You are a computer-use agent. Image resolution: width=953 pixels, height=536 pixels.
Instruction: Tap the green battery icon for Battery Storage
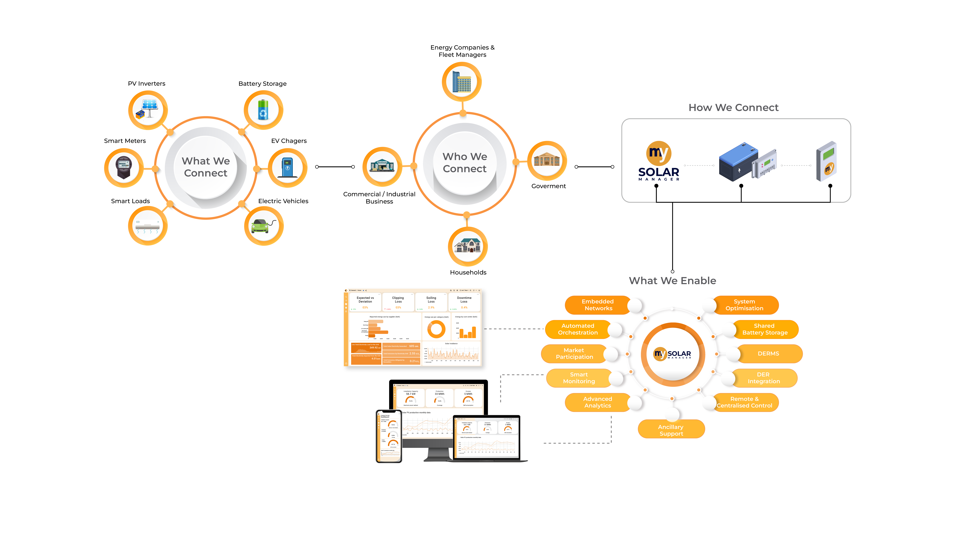[x=263, y=110]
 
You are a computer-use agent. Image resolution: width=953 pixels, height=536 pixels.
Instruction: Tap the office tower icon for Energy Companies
[x=462, y=82]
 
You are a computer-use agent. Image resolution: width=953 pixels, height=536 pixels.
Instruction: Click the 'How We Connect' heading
[x=733, y=108]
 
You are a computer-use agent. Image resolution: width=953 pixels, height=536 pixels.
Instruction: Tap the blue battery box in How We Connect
[x=738, y=162]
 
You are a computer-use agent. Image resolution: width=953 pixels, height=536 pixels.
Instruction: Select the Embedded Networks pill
[x=597, y=305]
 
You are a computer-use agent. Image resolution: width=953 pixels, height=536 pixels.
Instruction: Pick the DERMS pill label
[x=768, y=354]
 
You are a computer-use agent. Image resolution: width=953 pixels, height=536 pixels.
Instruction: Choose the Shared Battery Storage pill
[x=764, y=329]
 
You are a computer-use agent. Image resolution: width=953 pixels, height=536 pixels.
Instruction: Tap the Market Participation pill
[x=574, y=354]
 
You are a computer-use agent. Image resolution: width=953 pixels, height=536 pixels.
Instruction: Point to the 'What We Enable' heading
[x=672, y=281]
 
